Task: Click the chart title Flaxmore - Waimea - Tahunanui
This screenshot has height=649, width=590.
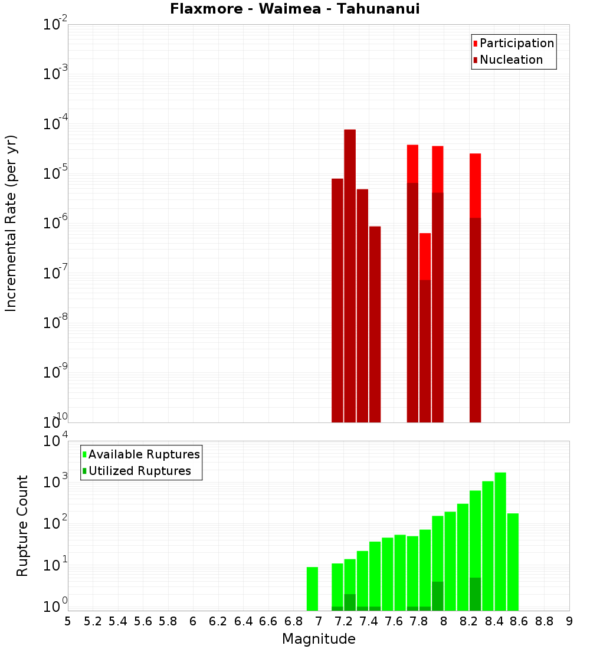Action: [295, 9]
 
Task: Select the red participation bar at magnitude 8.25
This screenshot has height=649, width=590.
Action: [476, 185]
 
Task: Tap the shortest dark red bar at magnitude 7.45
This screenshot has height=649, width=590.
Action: [375, 324]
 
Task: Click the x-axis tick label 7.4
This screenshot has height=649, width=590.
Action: [369, 621]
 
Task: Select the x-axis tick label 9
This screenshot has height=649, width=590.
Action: [569, 621]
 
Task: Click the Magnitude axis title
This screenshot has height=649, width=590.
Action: [319, 639]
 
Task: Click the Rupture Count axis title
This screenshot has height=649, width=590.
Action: [22, 525]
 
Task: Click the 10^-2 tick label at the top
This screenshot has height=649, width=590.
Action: [55, 25]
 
